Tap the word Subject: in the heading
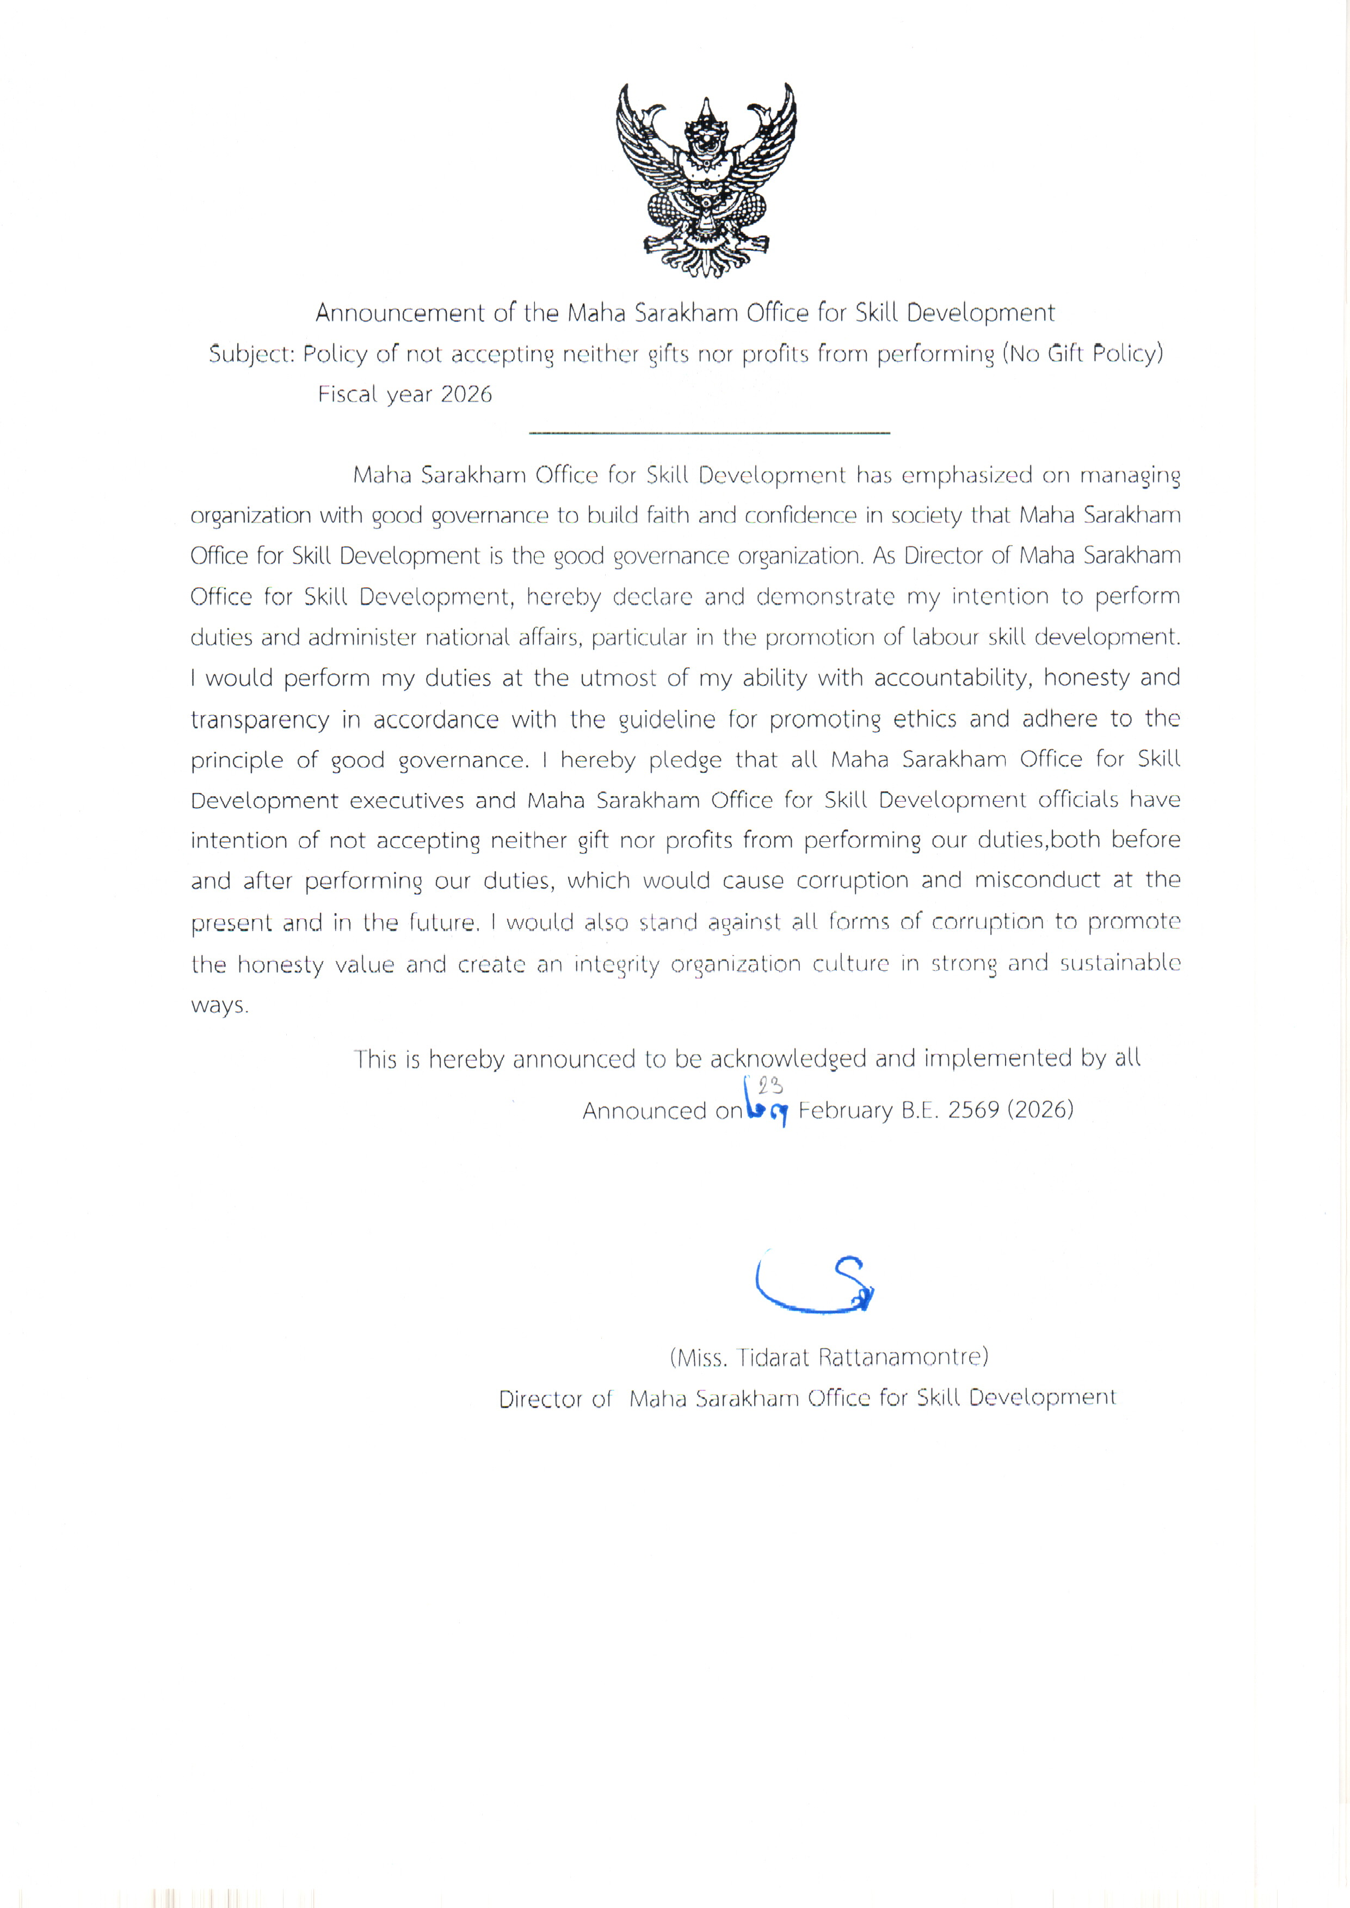pyautogui.click(x=251, y=355)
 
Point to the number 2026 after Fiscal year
pyautogui.click(x=466, y=394)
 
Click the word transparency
pyautogui.click(x=260, y=720)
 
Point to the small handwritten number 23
pyautogui.click(x=770, y=1086)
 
